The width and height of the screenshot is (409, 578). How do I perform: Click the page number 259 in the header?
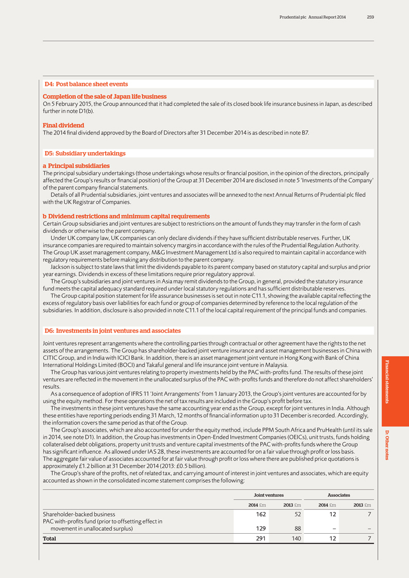370,18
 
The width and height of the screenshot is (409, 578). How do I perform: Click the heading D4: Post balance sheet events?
86,84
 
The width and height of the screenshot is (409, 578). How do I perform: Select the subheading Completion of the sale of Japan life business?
105,97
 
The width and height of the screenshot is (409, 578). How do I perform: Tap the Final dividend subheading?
64,125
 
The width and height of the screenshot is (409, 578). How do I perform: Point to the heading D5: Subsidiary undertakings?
85,153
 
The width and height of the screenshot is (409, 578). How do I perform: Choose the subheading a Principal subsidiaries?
76,166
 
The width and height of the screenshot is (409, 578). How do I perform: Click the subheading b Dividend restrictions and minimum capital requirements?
126,216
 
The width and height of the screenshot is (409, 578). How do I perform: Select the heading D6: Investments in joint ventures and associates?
112,330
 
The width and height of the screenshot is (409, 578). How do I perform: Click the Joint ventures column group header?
268,495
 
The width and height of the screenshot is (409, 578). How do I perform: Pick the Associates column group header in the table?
339,495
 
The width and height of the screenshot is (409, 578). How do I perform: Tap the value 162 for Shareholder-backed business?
261,514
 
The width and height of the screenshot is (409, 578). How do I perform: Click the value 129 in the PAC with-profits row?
261,529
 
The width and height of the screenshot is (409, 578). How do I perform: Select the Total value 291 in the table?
261,538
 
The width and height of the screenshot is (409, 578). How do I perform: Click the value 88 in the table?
296,529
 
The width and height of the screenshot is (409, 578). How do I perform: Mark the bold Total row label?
49,538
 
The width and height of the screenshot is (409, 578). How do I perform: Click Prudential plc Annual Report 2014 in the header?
312,18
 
